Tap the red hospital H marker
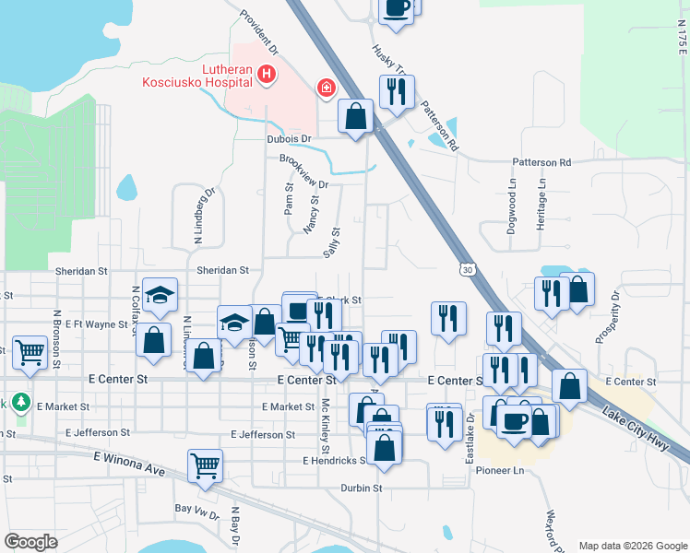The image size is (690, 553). pyautogui.click(x=267, y=74)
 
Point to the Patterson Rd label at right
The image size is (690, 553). pyautogui.click(x=541, y=162)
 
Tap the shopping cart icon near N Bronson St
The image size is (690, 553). pyautogui.click(x=30, y=351)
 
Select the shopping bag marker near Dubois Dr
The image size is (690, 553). pyautogui.click(x=355, y=116)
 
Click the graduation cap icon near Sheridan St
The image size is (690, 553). pyautogui.click(x=159, y=295)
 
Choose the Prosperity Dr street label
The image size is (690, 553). pyautogui.click(x=609, y=317)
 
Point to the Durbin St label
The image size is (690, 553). pyautogui.click(x=361, y=488)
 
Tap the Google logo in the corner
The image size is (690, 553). pyautogui.click(x=30, y=541)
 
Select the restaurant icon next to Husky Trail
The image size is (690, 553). pyautogui.click(x=397, y=91)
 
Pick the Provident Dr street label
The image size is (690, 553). pyautogui.click(x=260, y=29)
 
